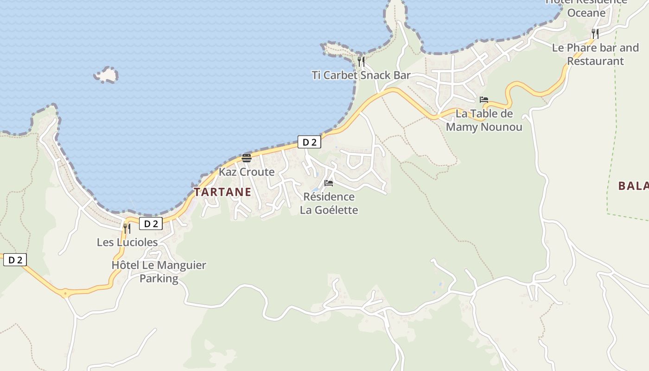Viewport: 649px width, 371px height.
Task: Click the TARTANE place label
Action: [223, 192]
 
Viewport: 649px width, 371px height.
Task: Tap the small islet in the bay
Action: [107, 75]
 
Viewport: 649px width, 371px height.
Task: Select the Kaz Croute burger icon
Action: [247, 158]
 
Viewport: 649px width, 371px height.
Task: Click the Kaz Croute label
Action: [247, 172]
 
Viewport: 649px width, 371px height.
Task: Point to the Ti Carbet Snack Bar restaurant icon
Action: [361, 61]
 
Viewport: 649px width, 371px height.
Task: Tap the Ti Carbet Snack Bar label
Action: [361, 75]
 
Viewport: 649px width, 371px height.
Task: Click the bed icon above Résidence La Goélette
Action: [329, 183]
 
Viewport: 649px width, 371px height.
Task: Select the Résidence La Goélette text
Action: [329, 203]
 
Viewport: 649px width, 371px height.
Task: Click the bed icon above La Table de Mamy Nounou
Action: [484, 100]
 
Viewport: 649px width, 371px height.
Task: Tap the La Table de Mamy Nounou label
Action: [484, 120]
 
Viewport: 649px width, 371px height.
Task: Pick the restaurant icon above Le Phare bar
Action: [595, 33]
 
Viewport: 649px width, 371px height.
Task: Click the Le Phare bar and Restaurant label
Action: [595, 54]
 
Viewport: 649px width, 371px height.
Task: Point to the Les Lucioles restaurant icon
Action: [127, 228]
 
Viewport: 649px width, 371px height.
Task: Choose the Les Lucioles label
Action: [127, 242]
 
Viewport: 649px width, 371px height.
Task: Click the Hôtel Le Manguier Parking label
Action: [159, 272]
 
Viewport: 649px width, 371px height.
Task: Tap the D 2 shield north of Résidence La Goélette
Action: [309, 142]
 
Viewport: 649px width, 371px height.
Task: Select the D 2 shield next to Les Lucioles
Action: [151, 224]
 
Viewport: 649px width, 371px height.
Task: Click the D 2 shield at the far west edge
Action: [15, 260]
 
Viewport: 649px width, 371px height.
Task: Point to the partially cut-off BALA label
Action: [633, 186]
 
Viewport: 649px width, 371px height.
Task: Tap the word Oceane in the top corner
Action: [586, 13]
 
